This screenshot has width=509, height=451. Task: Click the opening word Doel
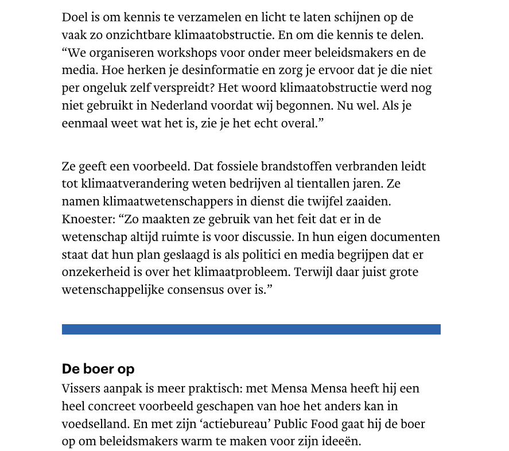(x=75, y=17)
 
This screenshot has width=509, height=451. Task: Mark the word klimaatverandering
(x=126, y=185)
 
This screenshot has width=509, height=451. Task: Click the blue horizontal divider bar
(x=251, y=329)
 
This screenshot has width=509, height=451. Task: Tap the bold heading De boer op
(x=98, y=369)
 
